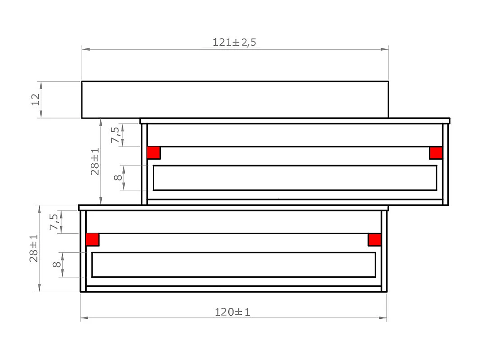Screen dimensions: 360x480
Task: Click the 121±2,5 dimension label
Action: (235, 43)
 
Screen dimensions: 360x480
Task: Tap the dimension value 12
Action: (36, 99)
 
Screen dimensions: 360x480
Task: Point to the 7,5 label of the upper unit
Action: (116, 135)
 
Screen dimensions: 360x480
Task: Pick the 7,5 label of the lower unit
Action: (54, 222)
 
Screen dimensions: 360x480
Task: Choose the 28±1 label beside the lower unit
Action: (34, 248)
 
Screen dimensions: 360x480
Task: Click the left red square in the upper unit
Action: (154, 153)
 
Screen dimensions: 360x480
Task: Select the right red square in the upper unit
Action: (436, 153)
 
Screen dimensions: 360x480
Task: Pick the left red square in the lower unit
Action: (92, 240)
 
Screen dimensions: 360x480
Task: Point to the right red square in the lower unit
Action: (375, 240)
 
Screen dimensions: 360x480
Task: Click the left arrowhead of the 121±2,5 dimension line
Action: (85, 49)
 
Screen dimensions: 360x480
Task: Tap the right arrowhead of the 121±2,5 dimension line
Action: (385, 49)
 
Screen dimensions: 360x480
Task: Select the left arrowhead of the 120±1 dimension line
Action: (84, 318)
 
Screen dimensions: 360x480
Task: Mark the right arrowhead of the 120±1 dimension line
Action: (383, 318)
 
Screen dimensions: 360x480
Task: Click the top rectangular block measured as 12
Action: (235, 100)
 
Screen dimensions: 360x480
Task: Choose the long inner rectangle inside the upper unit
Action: (295, 178)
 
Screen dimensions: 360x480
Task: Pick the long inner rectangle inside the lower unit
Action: (233, 265)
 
